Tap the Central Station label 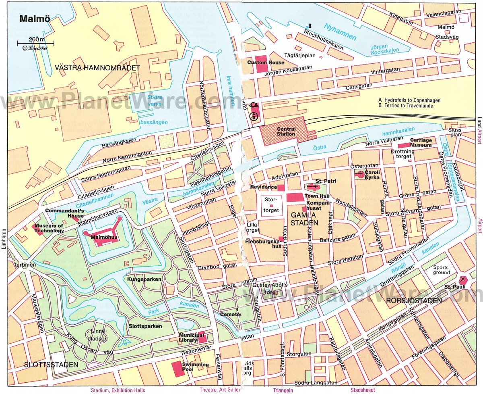coord(286,131)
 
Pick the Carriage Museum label coord(421,142)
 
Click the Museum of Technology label coord(49,228)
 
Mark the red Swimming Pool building coord(176,369)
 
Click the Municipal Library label coord(188,338)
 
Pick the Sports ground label coord(441,270)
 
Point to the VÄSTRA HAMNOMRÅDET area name coord(97,68)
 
